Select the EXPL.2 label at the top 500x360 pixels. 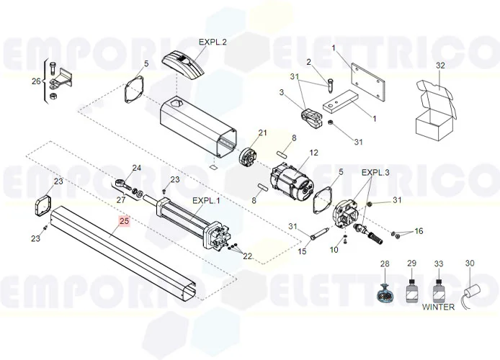(213, 42)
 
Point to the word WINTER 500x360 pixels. (439, 307)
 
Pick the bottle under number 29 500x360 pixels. (412, 292)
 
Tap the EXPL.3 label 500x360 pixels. (375, 173)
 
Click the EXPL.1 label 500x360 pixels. (205, 200)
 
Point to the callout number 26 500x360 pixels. (36, 81)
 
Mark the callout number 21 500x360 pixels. (262, 132)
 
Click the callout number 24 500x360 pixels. (137, 168)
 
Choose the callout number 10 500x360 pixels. (334, 249)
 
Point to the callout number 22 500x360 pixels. (248, 256)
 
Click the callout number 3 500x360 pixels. (282, 92)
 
